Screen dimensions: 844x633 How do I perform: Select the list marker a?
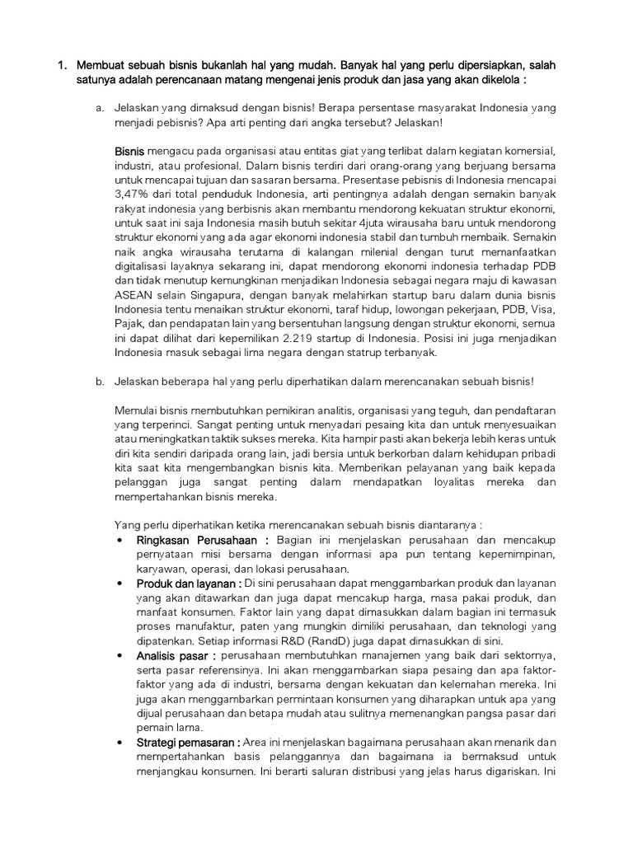(99, 108)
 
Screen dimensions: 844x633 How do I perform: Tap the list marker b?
(99, 381)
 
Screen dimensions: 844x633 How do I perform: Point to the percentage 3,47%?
(133, 195)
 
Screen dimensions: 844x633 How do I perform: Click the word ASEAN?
(135, 295)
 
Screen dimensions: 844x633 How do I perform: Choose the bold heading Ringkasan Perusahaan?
(190, 541)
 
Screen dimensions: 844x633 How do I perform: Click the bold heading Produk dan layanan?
(184, 584)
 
